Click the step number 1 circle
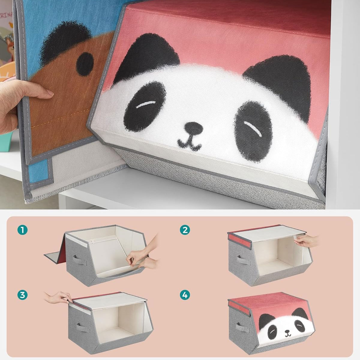[x=22, y=230]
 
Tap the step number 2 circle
[x=185, y=230]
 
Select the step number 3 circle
[x=22, y=295]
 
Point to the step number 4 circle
[x=185, y=295]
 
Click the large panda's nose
[x=193, y=128]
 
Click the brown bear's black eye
[x=85, y=64]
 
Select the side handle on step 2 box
[x=243, y=260]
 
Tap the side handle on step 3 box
[x=82, y=327]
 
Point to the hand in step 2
[x=306, y=241]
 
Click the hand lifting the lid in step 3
[x=58, y=297]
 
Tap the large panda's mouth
[x=189, y=143]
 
